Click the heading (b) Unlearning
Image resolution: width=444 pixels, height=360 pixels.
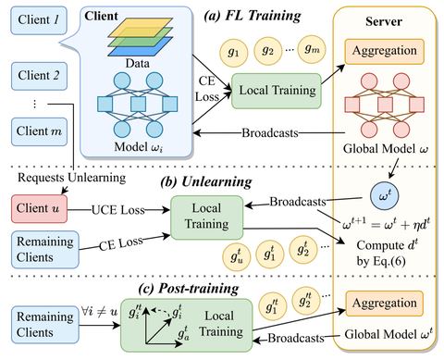223,182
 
